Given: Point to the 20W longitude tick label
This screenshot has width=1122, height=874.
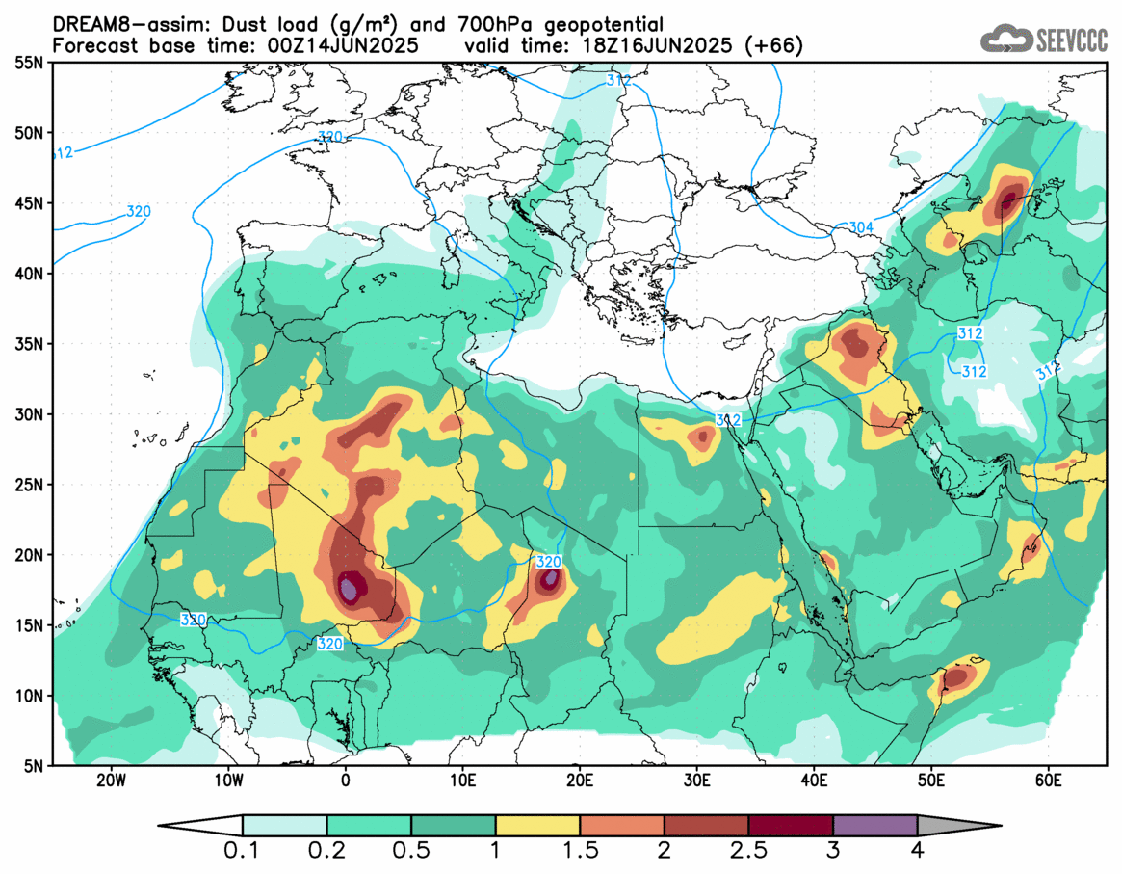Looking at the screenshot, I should tap(113, 780).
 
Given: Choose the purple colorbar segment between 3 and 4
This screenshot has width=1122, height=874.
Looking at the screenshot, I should tap(874, 826).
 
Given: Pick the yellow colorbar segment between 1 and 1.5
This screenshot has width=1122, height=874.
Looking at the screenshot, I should tap(537, 826).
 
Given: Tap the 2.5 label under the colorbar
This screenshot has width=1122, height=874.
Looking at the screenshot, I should tap(748, 850).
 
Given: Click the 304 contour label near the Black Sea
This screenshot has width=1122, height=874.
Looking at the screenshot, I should tap(861, 227).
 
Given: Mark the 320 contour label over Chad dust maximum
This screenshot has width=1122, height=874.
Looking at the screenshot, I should tap(548, 562).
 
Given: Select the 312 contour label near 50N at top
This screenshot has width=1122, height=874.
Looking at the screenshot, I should tap(618, 80).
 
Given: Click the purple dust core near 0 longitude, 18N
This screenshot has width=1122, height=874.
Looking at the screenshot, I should tap(352, 585).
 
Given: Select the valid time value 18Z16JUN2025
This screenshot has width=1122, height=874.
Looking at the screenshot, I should tap(675, 45).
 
